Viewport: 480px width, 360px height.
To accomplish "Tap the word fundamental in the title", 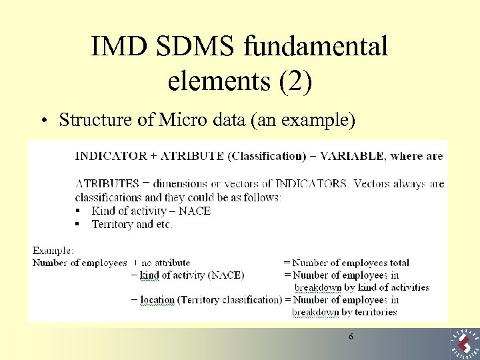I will click(x=317, y=47).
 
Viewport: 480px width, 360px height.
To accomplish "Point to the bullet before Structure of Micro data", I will click(x=42, y=121).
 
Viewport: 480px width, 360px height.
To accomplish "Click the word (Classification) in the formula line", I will click(x=266, y=156).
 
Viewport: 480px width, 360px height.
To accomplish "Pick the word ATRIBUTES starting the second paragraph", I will click(x=107, y=184).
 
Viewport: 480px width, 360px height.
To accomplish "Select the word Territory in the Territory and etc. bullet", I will click(x=112, y=224).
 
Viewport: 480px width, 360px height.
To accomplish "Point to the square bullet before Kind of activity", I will click(x=77, y=211).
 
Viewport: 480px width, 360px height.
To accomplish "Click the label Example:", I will click(x=53, y=251).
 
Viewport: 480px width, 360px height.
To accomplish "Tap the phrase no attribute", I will click(x=166, y=263).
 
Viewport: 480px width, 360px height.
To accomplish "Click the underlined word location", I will click(x=157, y=300).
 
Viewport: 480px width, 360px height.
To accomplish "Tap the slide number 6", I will click(x=351, y=337).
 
